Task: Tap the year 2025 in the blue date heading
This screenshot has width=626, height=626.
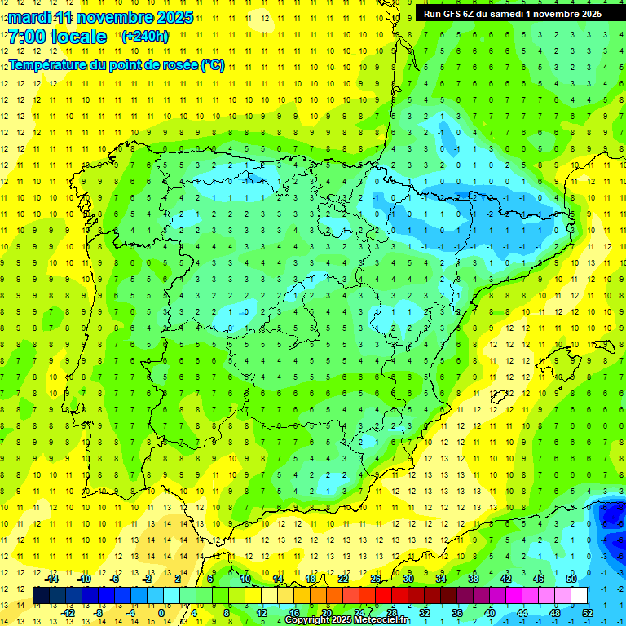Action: click(172, 17)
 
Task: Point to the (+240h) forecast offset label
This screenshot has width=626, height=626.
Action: click(145, 37)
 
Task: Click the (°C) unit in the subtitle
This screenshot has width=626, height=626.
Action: click(212, 65)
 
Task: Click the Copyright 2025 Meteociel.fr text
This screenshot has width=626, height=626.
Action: click(348, 620)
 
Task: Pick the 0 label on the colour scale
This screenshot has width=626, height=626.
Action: click(161, 613)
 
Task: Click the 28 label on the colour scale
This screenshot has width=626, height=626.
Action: click(392, 613)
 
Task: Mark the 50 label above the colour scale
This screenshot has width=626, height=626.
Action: click(571, 579)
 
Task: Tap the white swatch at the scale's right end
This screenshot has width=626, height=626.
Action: click(580, 595)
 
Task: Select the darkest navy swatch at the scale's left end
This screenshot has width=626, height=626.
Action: click(41, 595)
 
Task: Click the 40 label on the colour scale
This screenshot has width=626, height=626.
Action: click(490, 613)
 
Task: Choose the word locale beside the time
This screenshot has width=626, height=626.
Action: click(78, 37)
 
